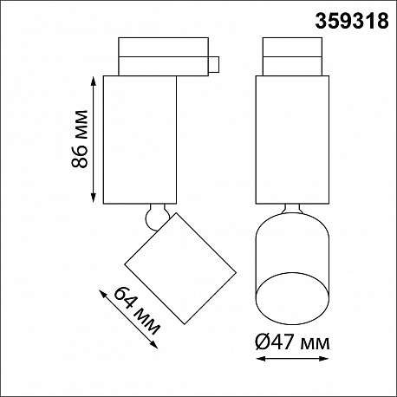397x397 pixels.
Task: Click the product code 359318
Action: [x=352, y=22]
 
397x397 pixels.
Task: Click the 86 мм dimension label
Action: [x=80, y=139]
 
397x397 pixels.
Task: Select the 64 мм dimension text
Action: [x=137, y=310]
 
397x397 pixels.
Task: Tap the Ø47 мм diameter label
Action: [x=292, y=343]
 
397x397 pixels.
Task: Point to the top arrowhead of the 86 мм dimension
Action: [x=94, y=81]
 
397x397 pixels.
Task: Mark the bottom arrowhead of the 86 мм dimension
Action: [x=94, y=198]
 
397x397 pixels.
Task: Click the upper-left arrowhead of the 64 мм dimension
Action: [x=103, y=294]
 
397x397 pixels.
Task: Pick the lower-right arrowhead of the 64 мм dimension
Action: [x=154, y=345]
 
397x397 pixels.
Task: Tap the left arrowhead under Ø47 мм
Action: [x=261, y=359]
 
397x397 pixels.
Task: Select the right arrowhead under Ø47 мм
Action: [x=323, y=359]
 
